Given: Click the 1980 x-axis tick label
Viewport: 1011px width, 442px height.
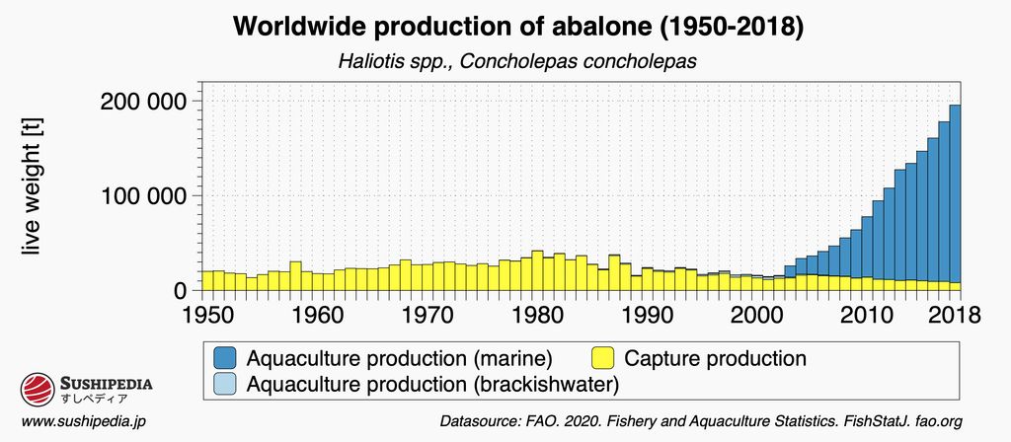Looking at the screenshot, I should (538, 316).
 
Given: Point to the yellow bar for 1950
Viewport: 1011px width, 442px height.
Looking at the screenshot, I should (206, 280).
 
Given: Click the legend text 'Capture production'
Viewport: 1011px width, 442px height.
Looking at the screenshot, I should (715, 357).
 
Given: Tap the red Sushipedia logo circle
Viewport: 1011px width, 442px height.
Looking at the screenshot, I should (36, 390).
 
